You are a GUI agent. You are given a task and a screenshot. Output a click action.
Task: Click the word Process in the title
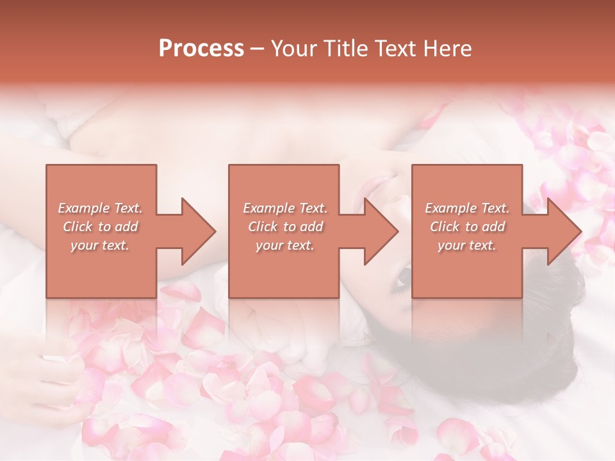(x=201, y=49)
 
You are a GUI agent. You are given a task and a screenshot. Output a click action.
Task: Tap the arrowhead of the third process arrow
(x=563, y=231)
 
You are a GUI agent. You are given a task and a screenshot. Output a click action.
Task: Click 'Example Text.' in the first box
(x=100, y=208)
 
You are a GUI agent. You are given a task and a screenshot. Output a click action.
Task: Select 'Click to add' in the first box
(x=100, y=227)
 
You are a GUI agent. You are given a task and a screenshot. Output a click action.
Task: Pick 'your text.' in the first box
(x=100, y=245)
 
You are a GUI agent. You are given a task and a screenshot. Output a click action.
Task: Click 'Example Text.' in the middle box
(x=285, y=208)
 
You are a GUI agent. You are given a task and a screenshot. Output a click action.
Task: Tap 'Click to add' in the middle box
(x=285, y=227)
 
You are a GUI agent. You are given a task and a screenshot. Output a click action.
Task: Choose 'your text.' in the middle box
(x=285, y=245)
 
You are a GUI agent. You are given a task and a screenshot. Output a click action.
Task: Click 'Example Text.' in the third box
(x=467, y=208)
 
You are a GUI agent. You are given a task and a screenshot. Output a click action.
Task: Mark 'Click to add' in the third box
(x=467, y=227)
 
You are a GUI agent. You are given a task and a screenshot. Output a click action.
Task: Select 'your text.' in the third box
(x=467, y=245)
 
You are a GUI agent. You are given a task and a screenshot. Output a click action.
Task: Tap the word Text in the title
(x=390, y=49)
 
